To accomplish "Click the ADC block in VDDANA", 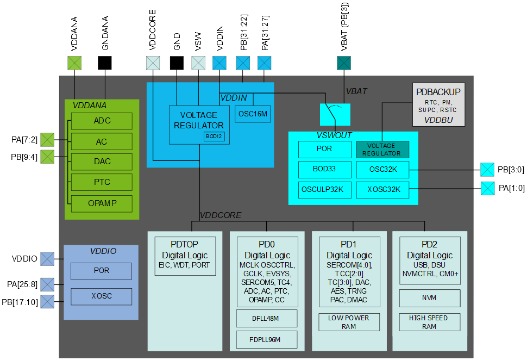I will coord(102,121).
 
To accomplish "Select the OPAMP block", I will coord(102,203).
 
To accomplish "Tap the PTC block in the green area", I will coord(102,182).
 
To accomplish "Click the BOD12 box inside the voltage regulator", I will coord(214,136).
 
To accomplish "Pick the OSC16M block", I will coord(253,114).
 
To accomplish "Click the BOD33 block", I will coord(324,169).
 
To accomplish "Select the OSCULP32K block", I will coord(324,190).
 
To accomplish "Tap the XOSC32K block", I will coord(382,190).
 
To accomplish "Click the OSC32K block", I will coord(382,169).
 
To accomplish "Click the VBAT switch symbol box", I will coord(335,114).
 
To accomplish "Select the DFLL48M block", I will coord(266,318).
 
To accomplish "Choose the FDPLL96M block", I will coord(266,339).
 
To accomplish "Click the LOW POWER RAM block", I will coord(348,322).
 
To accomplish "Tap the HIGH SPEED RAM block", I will coord(429,322).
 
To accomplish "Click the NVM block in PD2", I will coord(429,298).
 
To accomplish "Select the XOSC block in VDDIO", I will coord(101,296).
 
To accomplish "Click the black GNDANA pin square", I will coord(104,63).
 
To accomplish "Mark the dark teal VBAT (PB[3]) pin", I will coord(344,63).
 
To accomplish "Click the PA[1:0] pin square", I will coord(487,189).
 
